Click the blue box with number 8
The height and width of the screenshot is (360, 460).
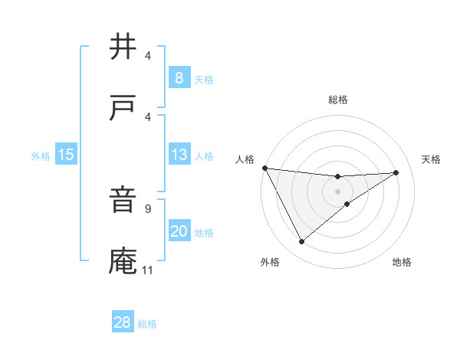coord(179,78)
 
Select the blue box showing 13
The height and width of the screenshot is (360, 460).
coord(179,155)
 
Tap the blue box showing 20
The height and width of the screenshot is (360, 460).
coord(179,231)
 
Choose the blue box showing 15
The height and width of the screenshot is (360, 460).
coord(66,155)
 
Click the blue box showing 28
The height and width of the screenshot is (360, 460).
coord(122,322)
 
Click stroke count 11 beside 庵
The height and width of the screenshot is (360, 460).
coord(148,270)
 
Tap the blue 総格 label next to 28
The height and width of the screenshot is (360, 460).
coord(147,324)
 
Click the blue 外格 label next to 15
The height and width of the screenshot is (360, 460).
coord(41,156)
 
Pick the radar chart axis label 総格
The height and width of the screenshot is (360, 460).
coord(338,100)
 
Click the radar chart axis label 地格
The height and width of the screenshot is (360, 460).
coord(402,263)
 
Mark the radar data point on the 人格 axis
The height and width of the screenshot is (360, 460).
coord(264,168)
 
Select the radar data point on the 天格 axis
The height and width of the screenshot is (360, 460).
coord(396,172)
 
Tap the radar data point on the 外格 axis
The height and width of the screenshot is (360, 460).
coord(301,242)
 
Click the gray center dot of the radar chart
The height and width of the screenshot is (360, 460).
coord(338,191)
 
